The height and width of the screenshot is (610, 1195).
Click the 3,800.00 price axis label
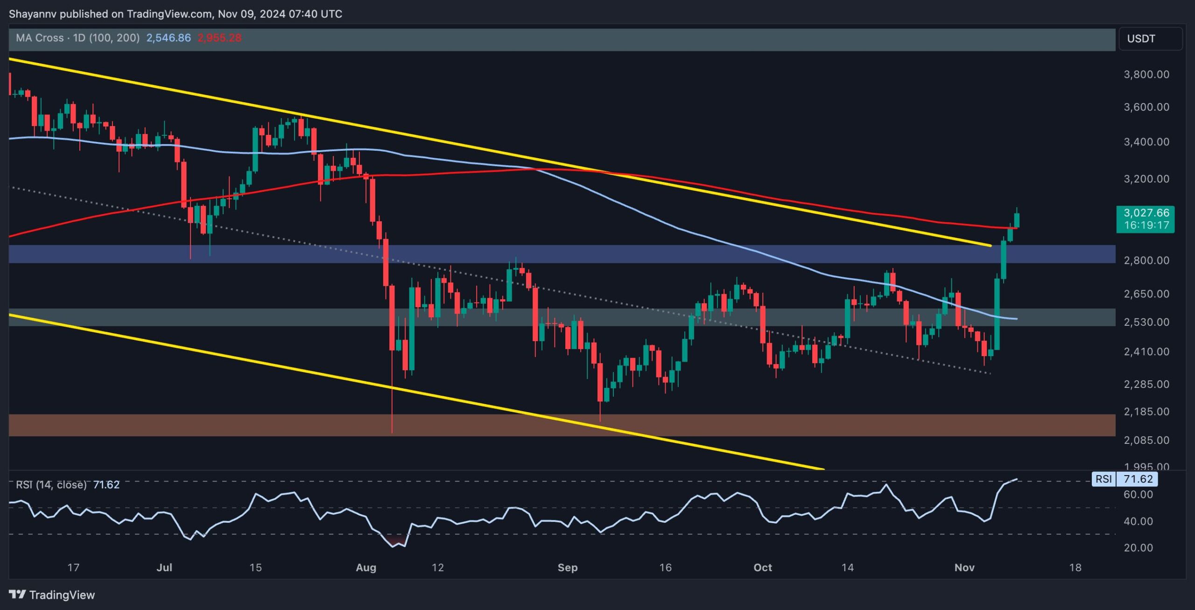point(1146,75)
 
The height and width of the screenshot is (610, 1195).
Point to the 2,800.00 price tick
point(1146,260)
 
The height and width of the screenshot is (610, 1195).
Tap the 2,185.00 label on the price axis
point(1146,412)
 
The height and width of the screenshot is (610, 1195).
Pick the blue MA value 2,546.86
point(169,38)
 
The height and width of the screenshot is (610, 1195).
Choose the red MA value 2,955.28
point(219,38)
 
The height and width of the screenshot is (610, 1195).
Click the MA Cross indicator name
point(40,38)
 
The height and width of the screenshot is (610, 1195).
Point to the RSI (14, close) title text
point(51,485)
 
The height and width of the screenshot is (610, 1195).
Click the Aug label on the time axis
point(366,568)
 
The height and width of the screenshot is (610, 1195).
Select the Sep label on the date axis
point(568,568)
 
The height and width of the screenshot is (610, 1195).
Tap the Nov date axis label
point(964,568)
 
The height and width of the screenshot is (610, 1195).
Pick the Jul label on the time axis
point(164,568)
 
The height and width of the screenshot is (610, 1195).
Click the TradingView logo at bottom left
point(52,595)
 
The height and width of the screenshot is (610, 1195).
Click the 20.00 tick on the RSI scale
point(1138,548)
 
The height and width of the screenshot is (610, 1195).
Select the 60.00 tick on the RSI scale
point(1138,495)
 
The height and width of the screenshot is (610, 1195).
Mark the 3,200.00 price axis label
point(1146,179)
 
